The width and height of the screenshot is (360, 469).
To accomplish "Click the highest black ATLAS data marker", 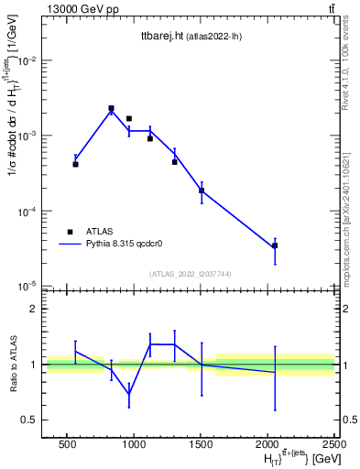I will tap(111, 108).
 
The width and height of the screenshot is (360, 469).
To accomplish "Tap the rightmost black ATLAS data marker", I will tap(275, 245).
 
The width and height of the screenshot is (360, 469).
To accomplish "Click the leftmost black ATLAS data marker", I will tap(75, 164).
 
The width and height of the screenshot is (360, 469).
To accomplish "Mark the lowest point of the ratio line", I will tap(129, 395).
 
